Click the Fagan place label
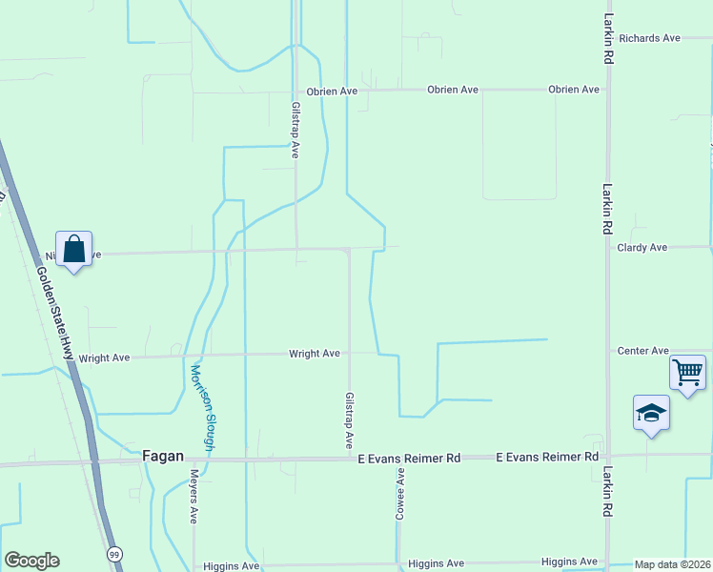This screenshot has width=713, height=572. (162, 457)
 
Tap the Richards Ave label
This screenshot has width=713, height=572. (649, 38)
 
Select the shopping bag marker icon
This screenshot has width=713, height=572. (73, 250)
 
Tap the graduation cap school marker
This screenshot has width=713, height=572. (651, 413)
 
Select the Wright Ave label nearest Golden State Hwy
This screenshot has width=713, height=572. (104, 358)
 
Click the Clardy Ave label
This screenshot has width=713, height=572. (642, 248)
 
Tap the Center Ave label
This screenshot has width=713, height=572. (642, 351)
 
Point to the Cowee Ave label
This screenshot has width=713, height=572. (401, 493)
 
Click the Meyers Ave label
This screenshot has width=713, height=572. (194, 496)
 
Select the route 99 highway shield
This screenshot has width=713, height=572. (114, 554)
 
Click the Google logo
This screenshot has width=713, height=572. (31, 561)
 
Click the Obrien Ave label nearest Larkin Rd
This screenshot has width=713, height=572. (574, 90)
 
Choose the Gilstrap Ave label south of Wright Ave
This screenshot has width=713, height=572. (350, 420)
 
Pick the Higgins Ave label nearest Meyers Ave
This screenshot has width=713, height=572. (232, 565)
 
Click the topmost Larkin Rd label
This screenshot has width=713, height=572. (607, 39)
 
